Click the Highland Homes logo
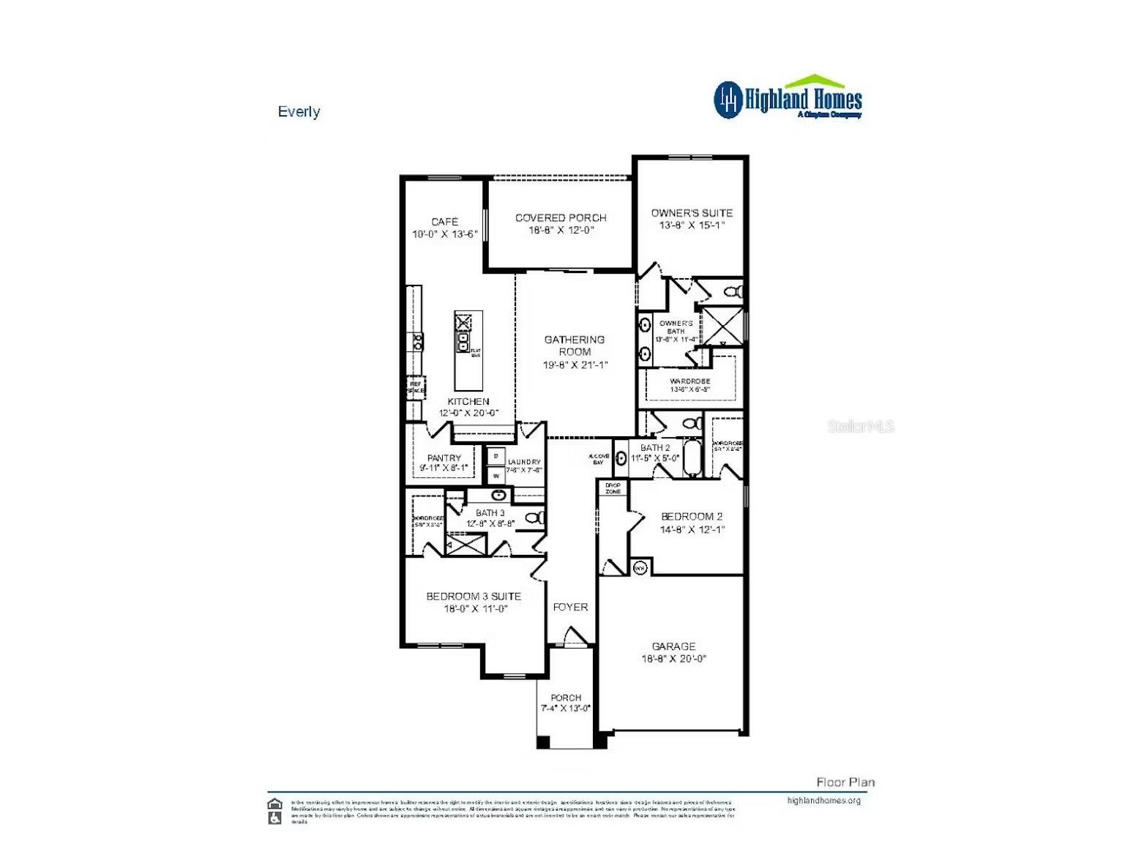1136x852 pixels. click(x=788, y=98)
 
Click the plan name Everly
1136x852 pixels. click(x=299, y=112)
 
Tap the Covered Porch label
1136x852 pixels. click(x=561, y=217)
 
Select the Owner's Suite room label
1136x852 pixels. click(x=692, y=213)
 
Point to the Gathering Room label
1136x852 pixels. click(x=575, y=345)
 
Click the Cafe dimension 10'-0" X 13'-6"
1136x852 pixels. click(x=445, y=234)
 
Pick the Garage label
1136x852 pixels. click(x=673, y=646)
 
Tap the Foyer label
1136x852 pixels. click(x=570, y=607)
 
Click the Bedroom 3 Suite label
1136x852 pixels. click(x=474, y=597)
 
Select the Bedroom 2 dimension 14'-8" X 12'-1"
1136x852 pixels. click(x=692, y=529)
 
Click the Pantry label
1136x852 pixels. click(x=444, y=458)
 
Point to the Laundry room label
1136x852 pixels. click(x=524, y=462)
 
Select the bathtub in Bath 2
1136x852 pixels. click(x=692, y=458)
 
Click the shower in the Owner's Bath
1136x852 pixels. click(x=722, y=326)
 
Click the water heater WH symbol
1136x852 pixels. click(x=640, y=567)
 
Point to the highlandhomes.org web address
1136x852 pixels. click(x=823, y=800)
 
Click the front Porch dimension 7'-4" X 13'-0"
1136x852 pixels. click(x=566, y=709)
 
